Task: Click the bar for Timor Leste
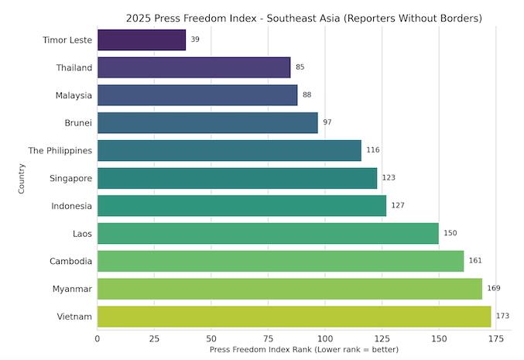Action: coord(142,39)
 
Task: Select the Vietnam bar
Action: coord(294,317)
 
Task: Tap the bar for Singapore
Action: coord(237,178)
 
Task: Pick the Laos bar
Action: coord(268,233)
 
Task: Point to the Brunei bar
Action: coord(207,122)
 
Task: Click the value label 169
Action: coord(494,289)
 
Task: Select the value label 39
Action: coord(195,39)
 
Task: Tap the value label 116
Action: coord(373,150)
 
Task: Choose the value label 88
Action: coord(307,95)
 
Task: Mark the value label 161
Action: coord(475,261)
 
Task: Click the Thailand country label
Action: coord(74,67)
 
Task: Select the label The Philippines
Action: coord(60,150)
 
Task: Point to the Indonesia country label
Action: coord(72,206)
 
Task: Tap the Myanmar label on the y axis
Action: coord(73,289)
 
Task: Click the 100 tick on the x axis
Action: coord(325,338)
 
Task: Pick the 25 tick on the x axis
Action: coord(154,338)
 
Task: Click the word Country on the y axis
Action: coord(22,178)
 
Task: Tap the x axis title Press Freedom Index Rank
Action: coord(304,350)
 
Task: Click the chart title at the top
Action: coord(304,17)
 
